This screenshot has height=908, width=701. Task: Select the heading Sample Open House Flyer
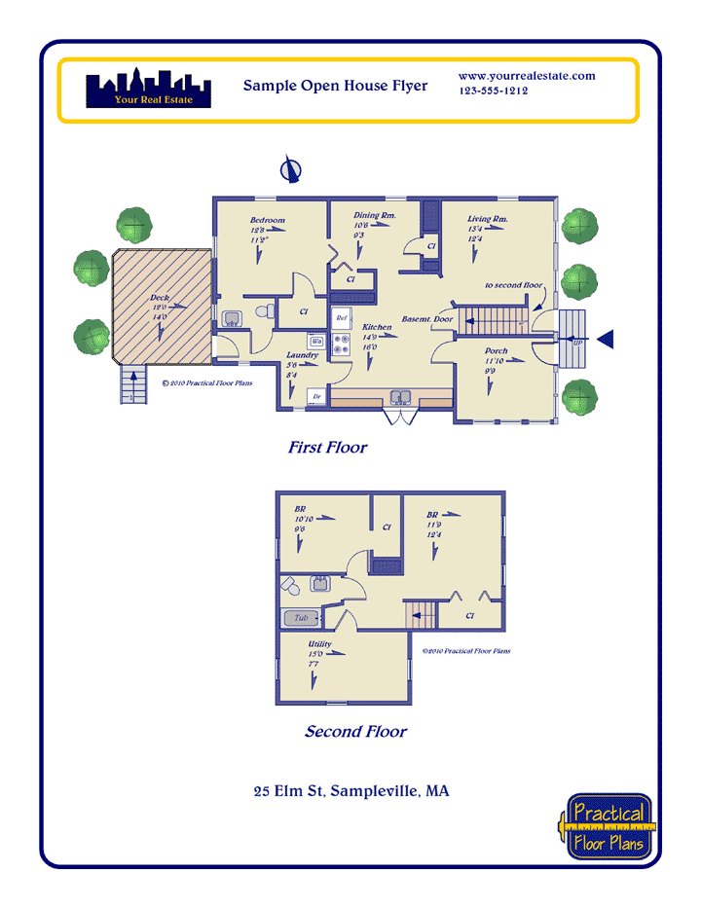click(335, 86)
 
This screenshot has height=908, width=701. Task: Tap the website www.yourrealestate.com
click(527, 76)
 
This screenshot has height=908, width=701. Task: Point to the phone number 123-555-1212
click(493, 91)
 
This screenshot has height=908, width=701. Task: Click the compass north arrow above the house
click(289, 170)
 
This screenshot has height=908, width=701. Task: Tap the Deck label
click(161, 298)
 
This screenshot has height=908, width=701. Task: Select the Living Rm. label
click(488, 220)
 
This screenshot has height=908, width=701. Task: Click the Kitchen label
click(377, 328)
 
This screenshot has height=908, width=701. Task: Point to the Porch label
click(498, 351)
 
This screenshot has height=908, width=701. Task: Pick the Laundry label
click(302, 355)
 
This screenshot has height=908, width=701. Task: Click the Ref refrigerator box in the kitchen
click(342, 318)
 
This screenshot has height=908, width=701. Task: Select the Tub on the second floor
click(302, 617)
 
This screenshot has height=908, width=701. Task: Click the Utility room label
click(319, 645)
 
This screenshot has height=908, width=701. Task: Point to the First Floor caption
click(327, 448)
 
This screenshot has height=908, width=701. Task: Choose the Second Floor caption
click(355, 732)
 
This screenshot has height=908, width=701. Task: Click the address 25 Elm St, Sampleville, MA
click(350, 791)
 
